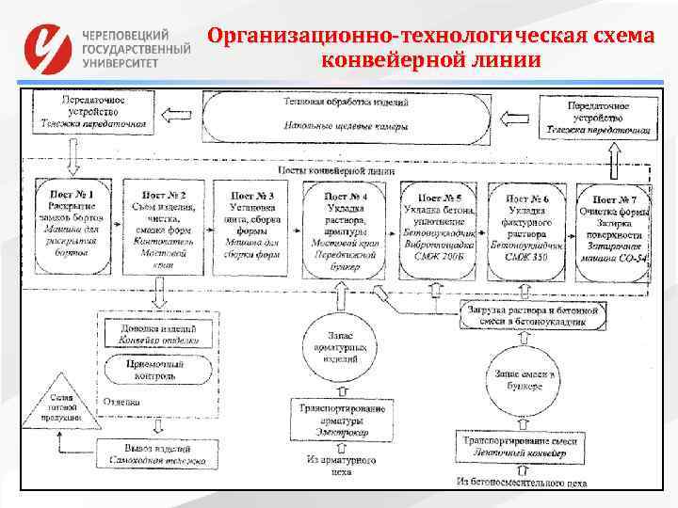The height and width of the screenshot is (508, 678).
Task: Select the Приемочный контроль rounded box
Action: coord(155,370)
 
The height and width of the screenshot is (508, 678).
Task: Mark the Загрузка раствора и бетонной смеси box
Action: coord(532,316)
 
